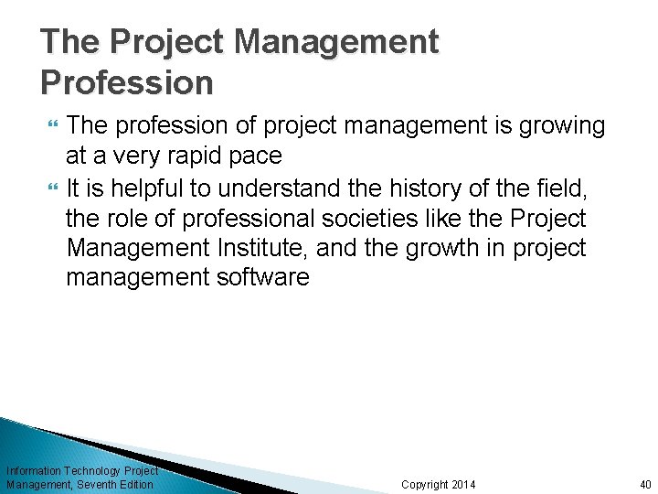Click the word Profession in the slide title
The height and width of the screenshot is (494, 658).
click(127, 83)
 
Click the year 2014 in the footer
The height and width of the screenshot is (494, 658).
click(464, 484)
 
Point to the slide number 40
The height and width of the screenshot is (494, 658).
click(645, 484)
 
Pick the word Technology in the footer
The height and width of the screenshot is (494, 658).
click(92, 470)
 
